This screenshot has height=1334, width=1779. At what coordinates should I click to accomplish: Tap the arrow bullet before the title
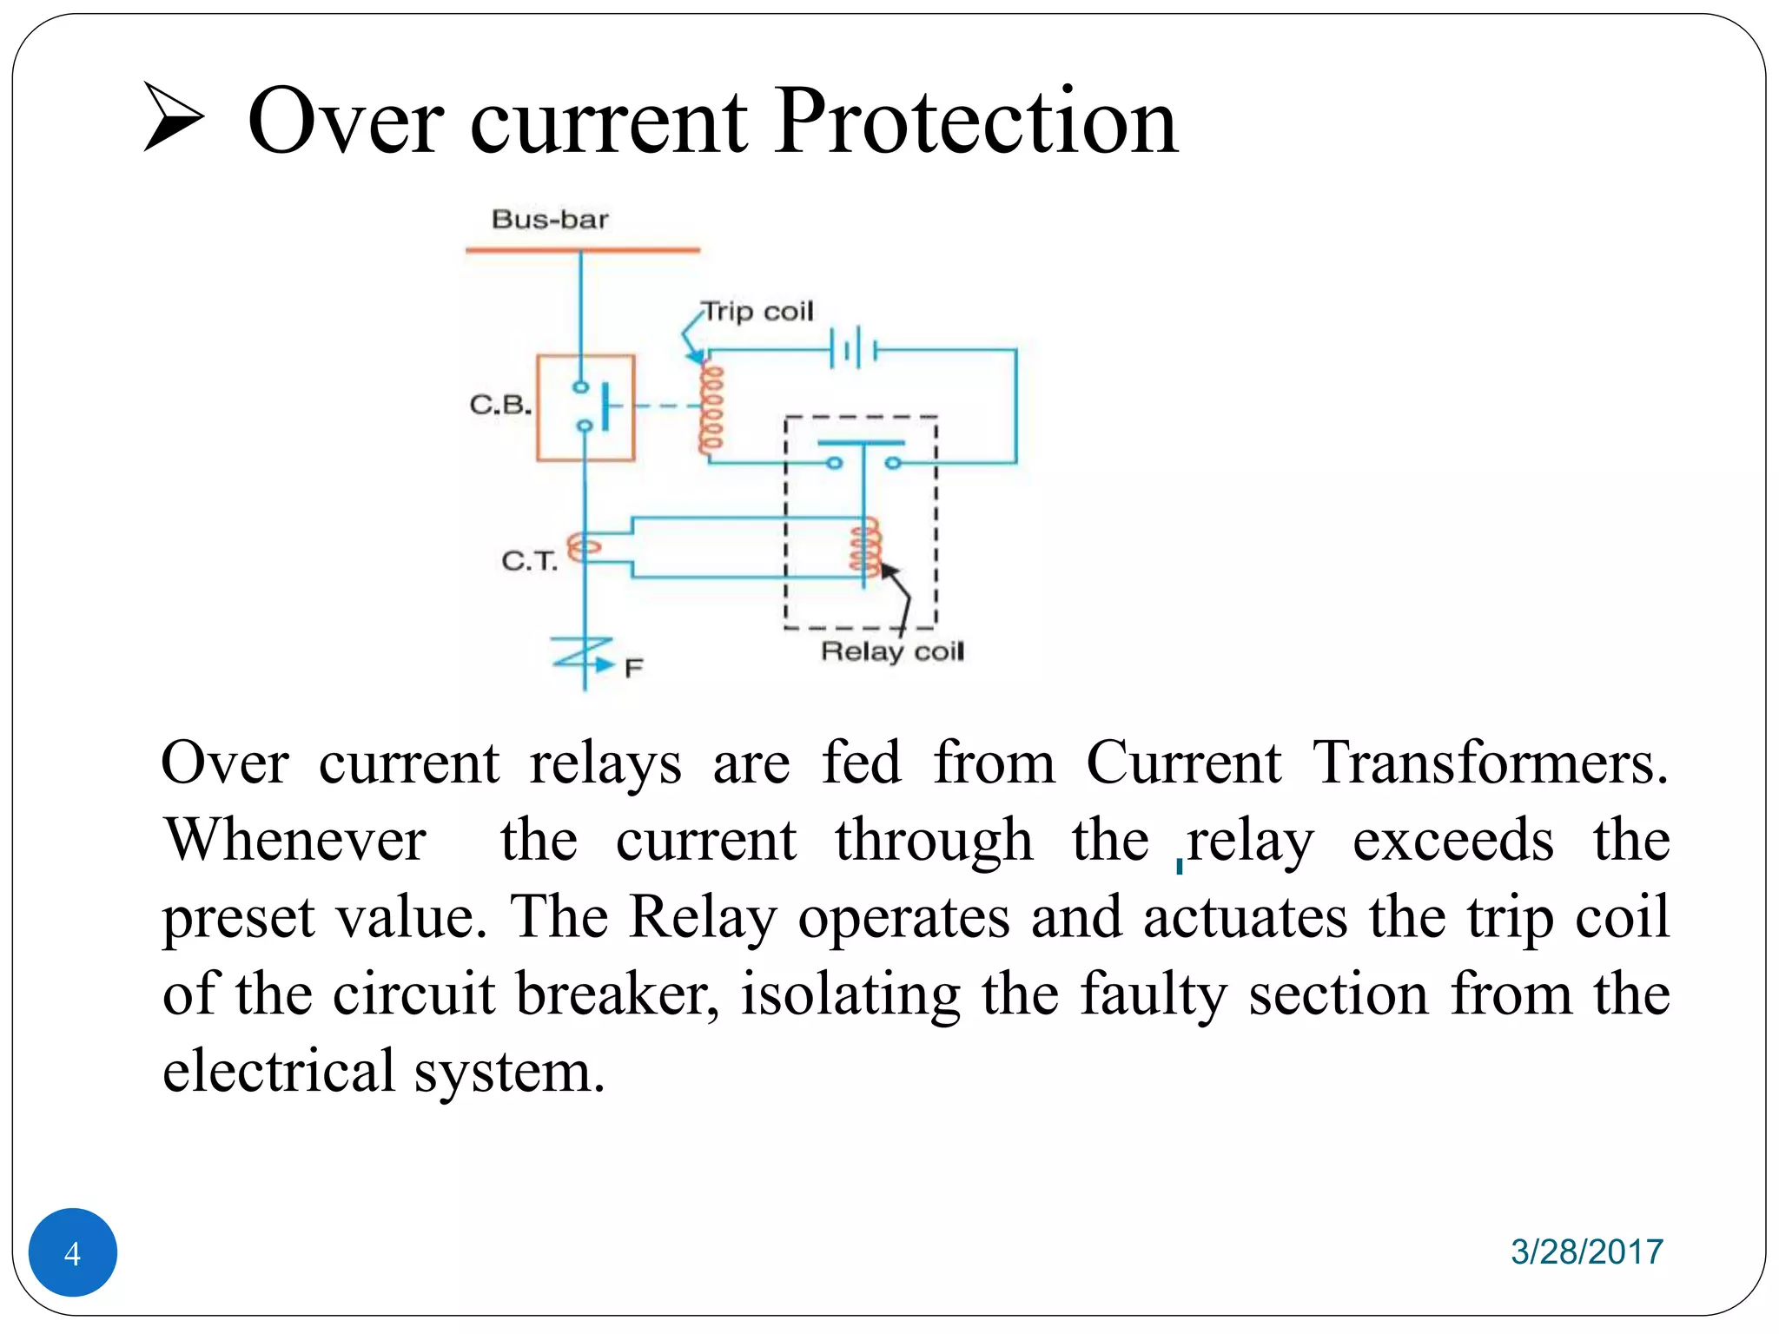tap(173, 117)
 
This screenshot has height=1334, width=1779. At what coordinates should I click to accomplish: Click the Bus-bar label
tap(550, 219)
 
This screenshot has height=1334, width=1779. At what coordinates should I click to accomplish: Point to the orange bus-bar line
tap(582, 250)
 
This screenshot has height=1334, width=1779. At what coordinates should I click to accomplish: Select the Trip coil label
tap(757, 311)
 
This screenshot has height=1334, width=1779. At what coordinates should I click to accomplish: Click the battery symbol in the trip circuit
tap(854, 349)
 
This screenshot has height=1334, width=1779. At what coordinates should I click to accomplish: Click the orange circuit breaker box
tap(585, 407)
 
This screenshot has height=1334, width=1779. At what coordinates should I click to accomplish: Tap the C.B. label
tap(500, 405)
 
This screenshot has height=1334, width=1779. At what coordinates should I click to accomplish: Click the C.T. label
tap(529, 561)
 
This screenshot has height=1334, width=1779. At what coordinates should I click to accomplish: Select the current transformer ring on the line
tap(584, 548)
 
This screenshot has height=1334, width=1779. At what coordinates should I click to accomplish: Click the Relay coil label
tap(892, 651)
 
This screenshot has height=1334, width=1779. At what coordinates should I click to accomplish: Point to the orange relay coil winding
tap(865, 548)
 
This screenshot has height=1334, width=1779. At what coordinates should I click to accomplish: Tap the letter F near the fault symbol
tap(633, 668)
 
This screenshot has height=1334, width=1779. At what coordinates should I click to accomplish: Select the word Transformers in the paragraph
tap(1489, 763)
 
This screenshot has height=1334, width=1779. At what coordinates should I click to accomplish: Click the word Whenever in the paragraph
tap(295, 840)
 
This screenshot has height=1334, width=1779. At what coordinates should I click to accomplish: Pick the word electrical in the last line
tap(279, 1070)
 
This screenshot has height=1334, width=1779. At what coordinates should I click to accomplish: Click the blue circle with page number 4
tap(73, 1251)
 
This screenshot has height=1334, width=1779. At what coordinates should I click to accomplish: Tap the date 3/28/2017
tap(1586, 1251)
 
